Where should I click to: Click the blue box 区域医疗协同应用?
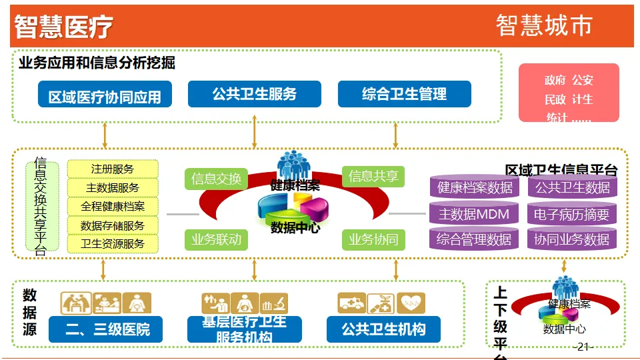click(x=105, y=95)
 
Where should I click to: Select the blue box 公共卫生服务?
click(x=254, y=94)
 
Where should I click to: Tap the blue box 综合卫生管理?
click(x=404, y=94)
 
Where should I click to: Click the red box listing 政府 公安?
click(x=569, y=93)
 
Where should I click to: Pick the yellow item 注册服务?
click(x=113, y=169)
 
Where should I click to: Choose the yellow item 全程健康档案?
click(x=113, y=207)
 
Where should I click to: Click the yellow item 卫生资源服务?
click(x=113, y=244)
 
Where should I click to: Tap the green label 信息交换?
click(x=216, y=179)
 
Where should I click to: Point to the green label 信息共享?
click(x=373, y=176)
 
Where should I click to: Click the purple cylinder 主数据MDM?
click(x=474, y=214)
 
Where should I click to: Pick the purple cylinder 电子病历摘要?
click(x=572, y=214)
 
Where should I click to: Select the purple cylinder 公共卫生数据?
click(x=572, y=187)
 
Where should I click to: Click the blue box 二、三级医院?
click(x=105, y=329)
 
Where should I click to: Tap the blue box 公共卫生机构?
click(x=383, y=329)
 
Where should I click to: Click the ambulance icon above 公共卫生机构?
click(x=351, y=303)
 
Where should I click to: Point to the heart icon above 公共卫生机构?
click(x=411, y=303)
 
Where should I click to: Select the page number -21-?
click(x=583, y=347)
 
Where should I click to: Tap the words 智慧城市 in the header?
click(x=544, y=25)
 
